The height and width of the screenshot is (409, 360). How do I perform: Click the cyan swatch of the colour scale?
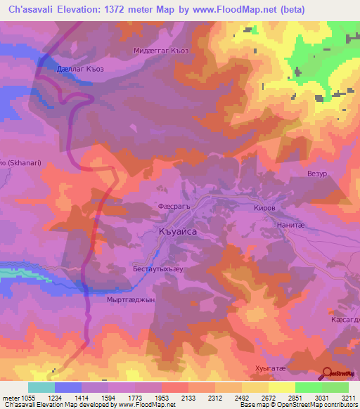pos(41,387)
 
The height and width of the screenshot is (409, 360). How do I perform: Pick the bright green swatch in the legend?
pos(308,387)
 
